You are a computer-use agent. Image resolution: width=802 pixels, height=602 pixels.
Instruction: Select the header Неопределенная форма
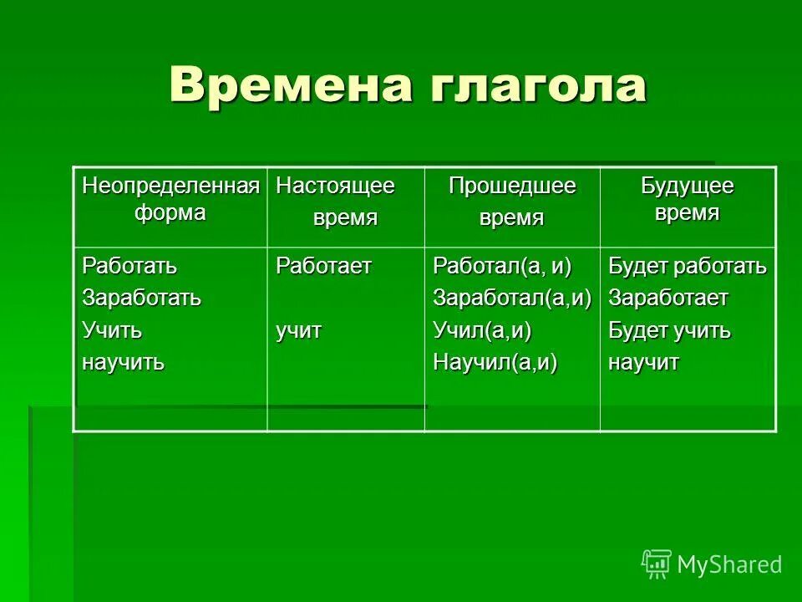[x=170, y=199]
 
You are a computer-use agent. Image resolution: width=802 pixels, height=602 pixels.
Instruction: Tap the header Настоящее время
[x=345, y=202]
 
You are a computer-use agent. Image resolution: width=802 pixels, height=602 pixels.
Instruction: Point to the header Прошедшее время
[x=512, y=202]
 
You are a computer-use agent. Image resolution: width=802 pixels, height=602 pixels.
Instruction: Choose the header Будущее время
[x=687, y=199]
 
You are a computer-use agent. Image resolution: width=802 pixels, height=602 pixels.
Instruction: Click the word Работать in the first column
[x=129, y=267]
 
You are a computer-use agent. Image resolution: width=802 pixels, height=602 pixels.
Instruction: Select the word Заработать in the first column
[x=141, y=298]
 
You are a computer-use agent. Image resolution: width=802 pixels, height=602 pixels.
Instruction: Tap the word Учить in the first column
[x=111, y=331]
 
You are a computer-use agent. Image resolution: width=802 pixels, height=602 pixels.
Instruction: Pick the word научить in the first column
[x=123, y=363]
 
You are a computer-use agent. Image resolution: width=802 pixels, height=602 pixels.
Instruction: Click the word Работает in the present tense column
[x=324, y=267]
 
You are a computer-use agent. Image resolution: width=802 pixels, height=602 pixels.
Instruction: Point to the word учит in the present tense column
[x=299, y=331]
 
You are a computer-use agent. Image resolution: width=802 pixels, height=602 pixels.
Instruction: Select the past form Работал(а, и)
[x=502, y=267]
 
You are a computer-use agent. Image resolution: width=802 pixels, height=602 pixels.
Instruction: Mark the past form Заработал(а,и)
[x=512, y=298]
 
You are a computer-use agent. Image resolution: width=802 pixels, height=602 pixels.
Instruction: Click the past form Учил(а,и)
[x=482, y=331]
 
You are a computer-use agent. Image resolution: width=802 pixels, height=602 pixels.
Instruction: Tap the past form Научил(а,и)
[x=495, y=363]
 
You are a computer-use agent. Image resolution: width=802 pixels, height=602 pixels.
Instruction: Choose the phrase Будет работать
[x=687, y=267]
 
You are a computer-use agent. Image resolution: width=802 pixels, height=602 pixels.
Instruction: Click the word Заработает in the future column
[x=668, y=298]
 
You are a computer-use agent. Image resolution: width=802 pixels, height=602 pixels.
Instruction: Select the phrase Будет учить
[x=669, y=331]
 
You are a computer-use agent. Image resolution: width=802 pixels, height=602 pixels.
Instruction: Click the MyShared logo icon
[x=657, y=564]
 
